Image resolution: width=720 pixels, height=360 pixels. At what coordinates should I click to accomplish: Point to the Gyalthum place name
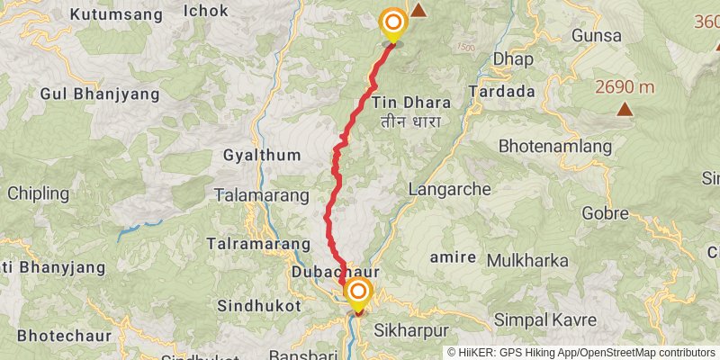(261, 155)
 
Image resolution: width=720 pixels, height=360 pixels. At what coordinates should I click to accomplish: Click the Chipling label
(38, 193)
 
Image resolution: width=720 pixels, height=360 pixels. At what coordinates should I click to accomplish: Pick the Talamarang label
(256, 194)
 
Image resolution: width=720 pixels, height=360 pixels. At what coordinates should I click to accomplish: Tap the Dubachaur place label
(330, 271)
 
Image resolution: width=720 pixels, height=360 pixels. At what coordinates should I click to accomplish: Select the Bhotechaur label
(58, 335)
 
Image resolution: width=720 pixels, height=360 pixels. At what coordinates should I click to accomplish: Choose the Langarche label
(449, 190)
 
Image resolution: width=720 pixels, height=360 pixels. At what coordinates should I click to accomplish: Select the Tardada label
(501, 92)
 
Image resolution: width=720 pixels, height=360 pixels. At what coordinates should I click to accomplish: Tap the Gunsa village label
(596, 36)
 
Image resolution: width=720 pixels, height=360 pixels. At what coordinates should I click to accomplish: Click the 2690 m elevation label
(624, 87)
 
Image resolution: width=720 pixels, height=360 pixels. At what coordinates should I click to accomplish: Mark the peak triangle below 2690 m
(624, 110)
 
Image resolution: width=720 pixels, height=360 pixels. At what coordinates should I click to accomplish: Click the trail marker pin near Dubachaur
(358, 292)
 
